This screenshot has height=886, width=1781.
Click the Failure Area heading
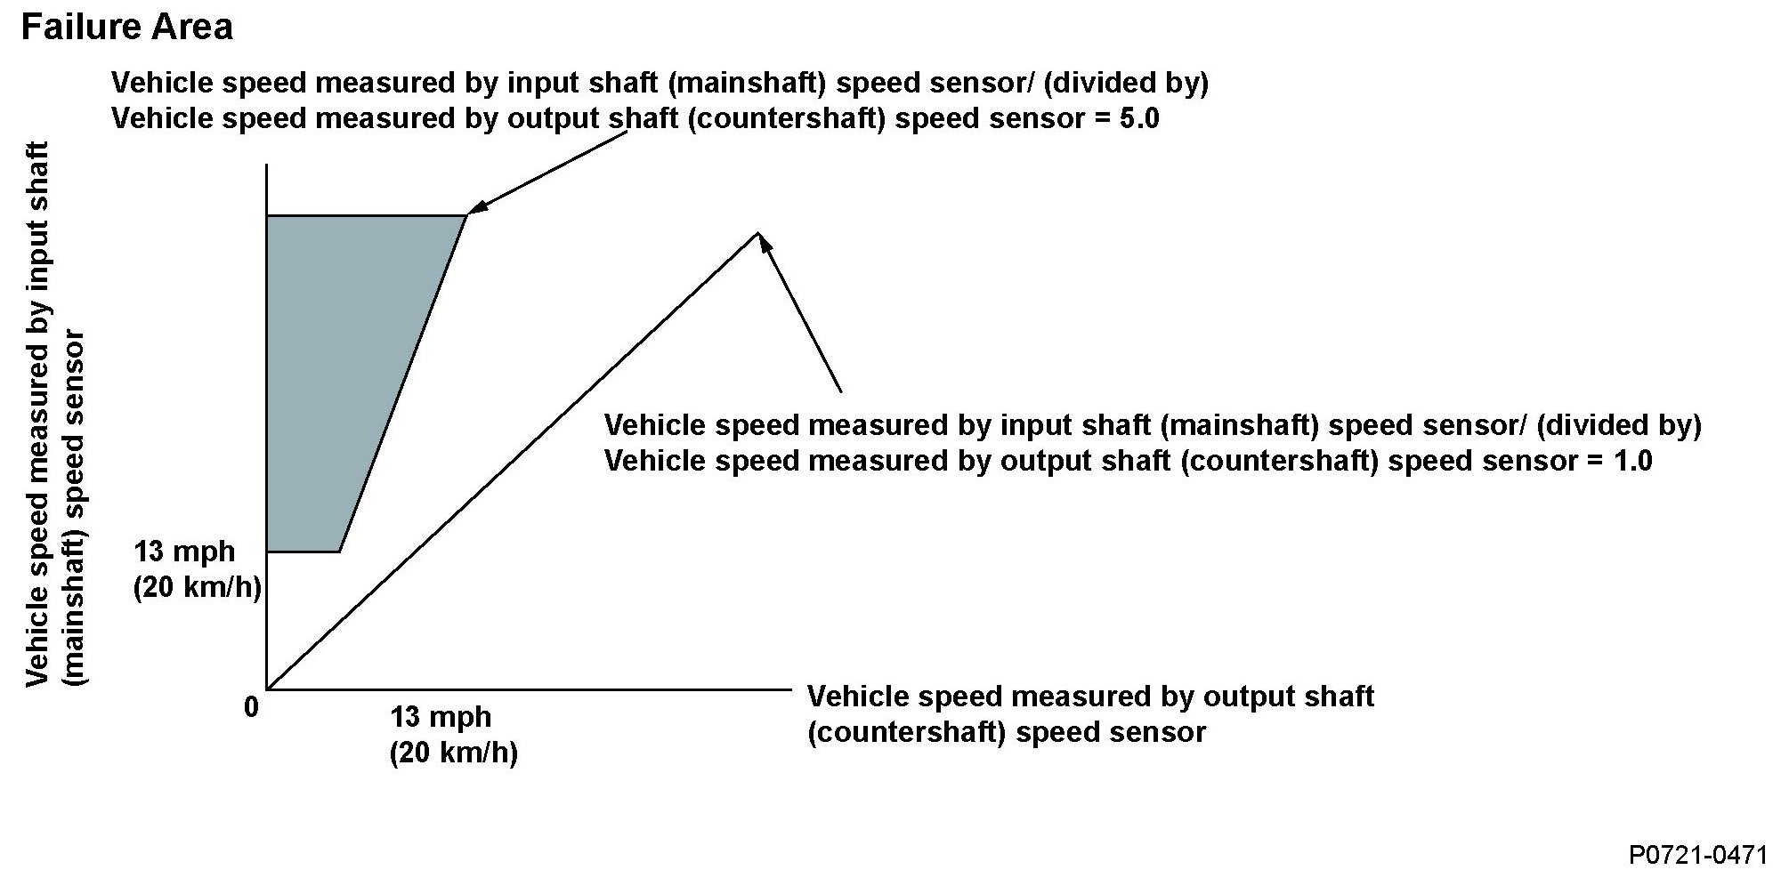[126, 28]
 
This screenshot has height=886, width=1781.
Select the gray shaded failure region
[347, 374]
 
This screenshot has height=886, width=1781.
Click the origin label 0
[251, 707]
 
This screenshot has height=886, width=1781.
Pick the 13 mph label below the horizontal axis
[441, 716]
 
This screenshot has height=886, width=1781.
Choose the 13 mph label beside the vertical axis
[185, 552]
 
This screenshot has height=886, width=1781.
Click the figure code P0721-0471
[1697, 856]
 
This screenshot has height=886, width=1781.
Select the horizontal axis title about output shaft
[1089, 713]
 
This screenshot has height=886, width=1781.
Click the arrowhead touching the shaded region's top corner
[477, 208]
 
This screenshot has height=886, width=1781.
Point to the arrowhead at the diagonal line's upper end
[763, 242]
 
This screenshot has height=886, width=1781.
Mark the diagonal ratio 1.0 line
[512, 461]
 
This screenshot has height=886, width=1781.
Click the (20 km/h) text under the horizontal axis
[453, 753]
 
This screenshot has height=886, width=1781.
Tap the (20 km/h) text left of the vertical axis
[197, 588]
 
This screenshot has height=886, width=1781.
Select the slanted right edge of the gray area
[403, 383]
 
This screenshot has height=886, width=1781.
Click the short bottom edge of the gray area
[304, 552]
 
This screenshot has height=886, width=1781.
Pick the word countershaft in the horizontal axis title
[909, 733]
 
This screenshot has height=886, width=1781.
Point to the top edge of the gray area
[365, 215]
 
